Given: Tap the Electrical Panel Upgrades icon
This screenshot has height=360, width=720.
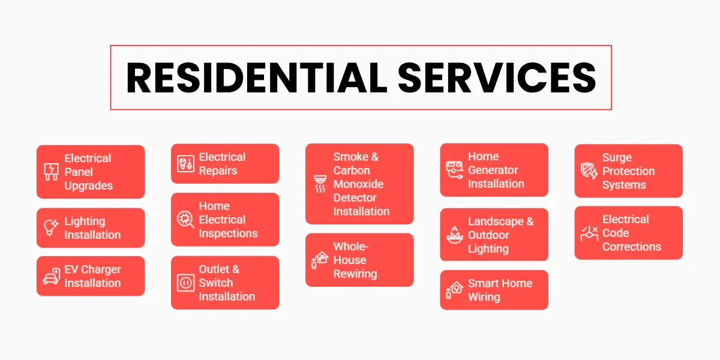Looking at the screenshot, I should (x=51, y=172).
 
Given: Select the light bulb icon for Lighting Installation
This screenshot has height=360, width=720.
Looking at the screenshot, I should (x=51, y=228).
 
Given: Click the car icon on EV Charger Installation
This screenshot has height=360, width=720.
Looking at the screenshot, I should (x=51, y=277).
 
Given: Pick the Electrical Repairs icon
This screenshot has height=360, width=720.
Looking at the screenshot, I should (x=185, y=164).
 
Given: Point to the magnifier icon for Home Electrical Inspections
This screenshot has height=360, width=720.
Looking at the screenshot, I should (x=185, y=220).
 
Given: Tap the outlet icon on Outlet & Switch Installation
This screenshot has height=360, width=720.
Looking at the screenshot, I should (x=185, y=283).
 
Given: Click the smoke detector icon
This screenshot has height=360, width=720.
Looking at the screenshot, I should (x=320, y=184).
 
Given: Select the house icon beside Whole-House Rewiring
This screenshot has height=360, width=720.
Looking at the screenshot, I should (x=320, y=260).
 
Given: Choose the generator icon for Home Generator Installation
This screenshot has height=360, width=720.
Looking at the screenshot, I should (x=454, y=170).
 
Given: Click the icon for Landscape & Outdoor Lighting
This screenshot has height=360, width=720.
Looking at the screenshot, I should (x=454, y=235).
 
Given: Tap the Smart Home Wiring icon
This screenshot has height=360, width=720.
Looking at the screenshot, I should (x=454, y=290).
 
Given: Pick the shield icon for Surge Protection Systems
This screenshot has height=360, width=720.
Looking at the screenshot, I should (x=589, y=171).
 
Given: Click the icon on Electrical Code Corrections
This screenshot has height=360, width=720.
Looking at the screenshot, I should (x=589, y=233).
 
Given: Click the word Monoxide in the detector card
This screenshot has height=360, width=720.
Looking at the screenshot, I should (x=358, y=184).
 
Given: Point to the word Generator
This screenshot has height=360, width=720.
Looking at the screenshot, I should (x=493, y=170).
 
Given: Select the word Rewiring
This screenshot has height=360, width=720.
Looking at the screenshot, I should (x=355, y=274).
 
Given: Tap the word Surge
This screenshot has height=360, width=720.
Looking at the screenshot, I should (x=617, y=157).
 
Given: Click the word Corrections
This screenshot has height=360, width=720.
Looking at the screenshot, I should (x=632, y=247).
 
